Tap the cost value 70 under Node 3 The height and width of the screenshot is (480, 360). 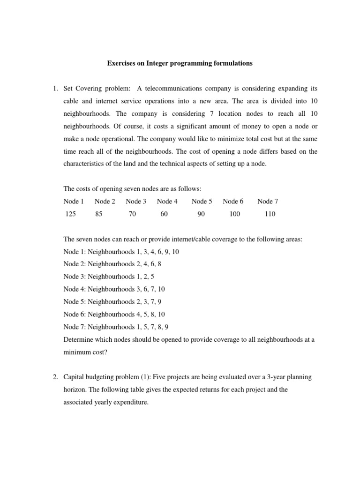[x=133, y=214]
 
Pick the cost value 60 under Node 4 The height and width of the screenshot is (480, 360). [x=164, y=214]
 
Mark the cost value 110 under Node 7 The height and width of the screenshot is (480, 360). [x=270, y=214]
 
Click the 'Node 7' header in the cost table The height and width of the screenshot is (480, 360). [x=268, y=201]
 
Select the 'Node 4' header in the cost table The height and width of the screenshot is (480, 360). [x=167, y=201]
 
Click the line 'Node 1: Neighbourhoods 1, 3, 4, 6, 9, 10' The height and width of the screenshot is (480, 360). [x=121, y=252]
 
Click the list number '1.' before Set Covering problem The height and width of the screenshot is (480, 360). [x=54, y=89]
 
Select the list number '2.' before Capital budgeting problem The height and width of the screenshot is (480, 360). [x=54, y=377]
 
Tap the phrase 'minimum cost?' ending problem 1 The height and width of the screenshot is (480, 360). [x=85, y=352]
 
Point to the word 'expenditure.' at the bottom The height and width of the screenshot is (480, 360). [x=129, y=402]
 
